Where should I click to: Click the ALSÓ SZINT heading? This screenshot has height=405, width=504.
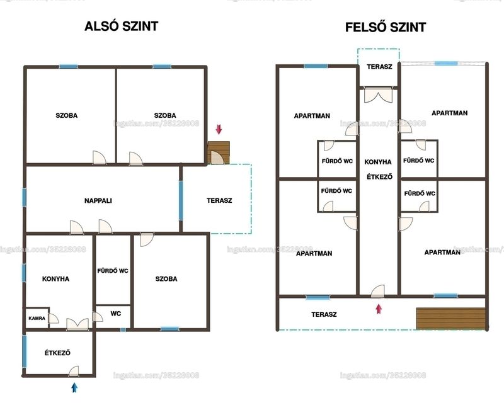click(121, 26)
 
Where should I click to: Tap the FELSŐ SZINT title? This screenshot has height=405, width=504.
click(386, 27)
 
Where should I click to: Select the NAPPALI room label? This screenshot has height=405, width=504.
click(98, 200)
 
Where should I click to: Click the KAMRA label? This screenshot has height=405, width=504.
click(37, 318)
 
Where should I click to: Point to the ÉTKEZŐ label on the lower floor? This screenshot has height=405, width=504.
click(57, 353)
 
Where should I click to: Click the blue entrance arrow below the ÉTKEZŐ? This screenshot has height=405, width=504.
click(74, 387)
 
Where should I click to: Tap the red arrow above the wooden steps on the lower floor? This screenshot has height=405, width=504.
click(219, 129)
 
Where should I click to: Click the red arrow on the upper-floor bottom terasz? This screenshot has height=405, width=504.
click(379, 309)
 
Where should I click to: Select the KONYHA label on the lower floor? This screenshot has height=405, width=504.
click(55, 278)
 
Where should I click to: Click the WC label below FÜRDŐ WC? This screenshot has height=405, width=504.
click(115, 314)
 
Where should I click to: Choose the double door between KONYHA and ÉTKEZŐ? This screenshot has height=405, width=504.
click(77, 324)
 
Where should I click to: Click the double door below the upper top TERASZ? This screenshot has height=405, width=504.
click(379, 96)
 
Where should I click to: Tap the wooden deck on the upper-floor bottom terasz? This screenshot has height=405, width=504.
click(450, 319)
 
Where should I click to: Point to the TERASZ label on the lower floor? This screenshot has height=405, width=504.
click(219, 200)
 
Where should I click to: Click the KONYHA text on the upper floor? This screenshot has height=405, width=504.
click(378, 162)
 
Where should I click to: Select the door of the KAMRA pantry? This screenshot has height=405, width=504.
click(54, 318)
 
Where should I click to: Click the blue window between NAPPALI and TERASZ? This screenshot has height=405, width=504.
click(181, 200)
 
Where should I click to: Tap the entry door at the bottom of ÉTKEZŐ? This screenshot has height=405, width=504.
click(74, 371)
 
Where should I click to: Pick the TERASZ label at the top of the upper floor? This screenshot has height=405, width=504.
click(380, 67)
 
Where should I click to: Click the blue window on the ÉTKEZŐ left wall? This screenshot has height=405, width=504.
click(25, 351)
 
